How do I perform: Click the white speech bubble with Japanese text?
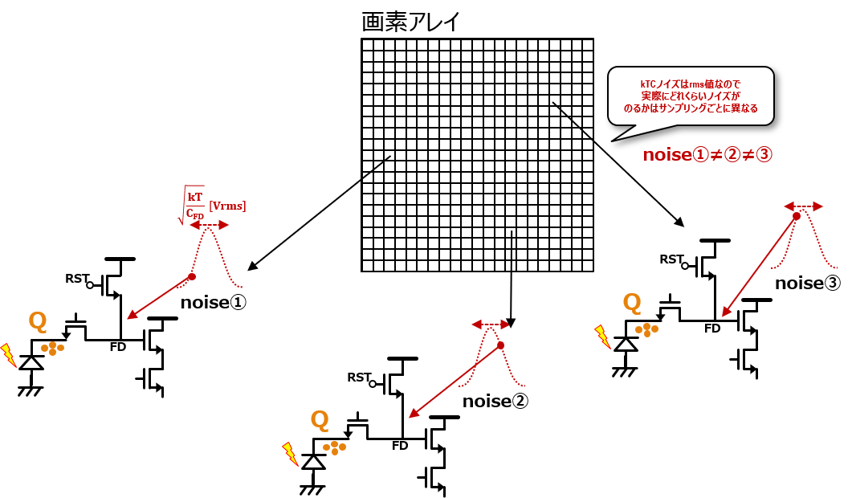(x=691, y=96)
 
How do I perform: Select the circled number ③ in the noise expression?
(x=764, y=155)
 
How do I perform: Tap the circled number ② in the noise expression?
(x=732, y=155)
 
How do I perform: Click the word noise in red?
(x=667, y=155)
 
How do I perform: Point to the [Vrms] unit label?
(x=227, y=206)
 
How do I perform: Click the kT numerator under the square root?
(x=195, y=196)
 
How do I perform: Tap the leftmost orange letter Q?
(x=38, y=321)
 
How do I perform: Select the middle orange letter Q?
(x=320, y=419)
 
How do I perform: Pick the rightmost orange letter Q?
(x=632, y=303)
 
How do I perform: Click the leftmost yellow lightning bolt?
(x=8, y=354)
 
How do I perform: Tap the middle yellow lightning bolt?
(x=290, y=453)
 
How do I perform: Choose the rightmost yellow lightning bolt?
(x=602, y=336)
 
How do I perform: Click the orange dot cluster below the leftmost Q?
(x=53, y=348)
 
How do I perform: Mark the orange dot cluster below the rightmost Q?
(x=646, y=329)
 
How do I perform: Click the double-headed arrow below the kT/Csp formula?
(x=209, y=226)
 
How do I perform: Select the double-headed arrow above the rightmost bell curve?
(x=803, y=206)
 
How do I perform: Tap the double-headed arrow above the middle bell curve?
(x=490, y=325)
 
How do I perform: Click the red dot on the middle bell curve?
(x=500, y=345)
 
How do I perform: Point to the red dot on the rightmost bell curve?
(x=797, y=216)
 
